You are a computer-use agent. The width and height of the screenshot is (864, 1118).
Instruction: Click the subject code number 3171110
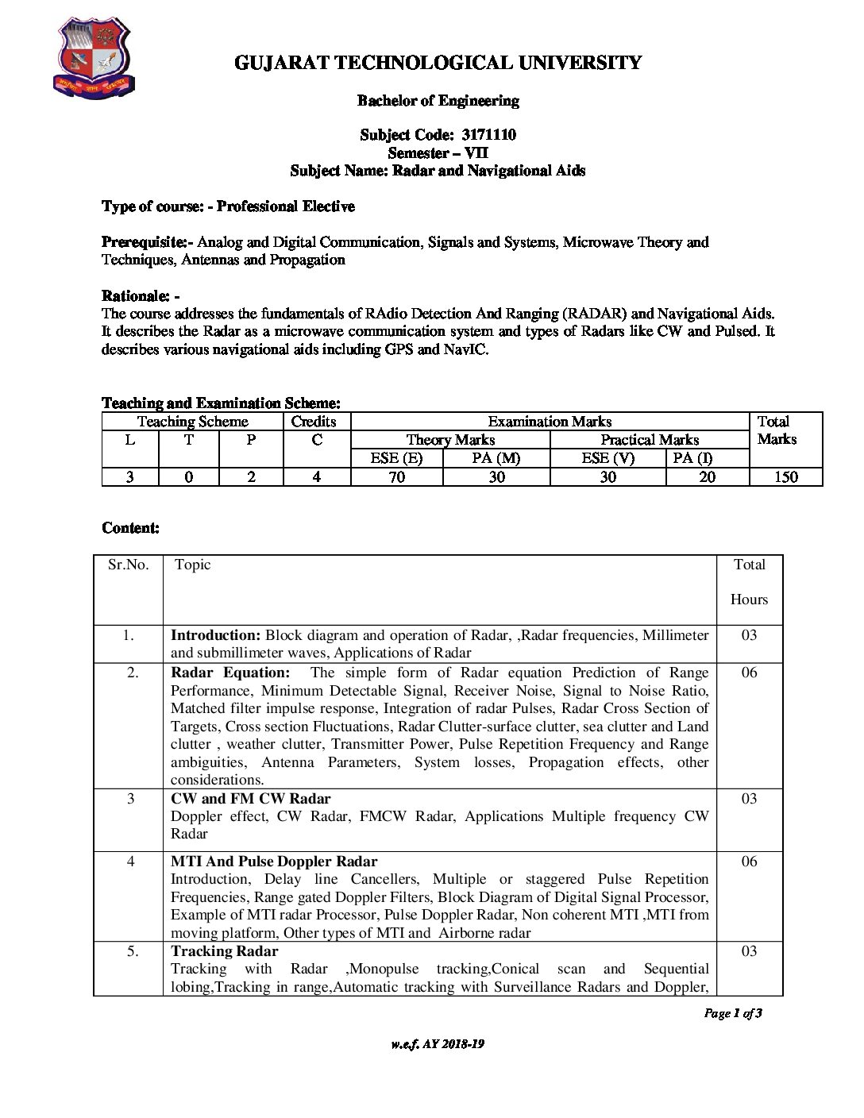[488, 135]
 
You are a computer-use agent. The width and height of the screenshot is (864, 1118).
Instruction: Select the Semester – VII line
[438, 153]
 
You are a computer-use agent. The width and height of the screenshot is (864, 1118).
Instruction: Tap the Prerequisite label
[147, 242]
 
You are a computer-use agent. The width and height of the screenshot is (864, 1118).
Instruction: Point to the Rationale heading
[140, 296]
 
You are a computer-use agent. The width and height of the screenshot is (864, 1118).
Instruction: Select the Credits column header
[314, 422]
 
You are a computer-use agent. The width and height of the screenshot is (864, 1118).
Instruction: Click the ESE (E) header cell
[396, 458]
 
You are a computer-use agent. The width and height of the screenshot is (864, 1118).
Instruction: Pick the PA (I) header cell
[692, 458]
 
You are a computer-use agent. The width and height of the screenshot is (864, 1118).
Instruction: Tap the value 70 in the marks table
[396, 477]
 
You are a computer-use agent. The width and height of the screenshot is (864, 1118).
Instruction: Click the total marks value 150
[785, 477]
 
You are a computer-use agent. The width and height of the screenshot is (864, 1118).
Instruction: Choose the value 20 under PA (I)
[707, 477]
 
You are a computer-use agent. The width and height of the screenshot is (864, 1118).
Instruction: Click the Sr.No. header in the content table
[129, 565]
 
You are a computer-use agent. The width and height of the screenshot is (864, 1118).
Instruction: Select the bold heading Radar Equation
[230, 673]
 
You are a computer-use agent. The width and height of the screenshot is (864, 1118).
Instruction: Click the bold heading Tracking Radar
[225, 951]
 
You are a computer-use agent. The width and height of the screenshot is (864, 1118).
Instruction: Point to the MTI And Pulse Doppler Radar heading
[274, 862]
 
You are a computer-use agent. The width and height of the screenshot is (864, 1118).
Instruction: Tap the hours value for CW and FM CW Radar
[749, 799]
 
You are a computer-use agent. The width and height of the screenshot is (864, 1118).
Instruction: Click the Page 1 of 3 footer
[732, 1013]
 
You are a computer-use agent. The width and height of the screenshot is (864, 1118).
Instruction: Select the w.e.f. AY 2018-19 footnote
[438, 1044]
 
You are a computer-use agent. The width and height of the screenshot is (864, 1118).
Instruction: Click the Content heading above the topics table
[130, 528]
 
